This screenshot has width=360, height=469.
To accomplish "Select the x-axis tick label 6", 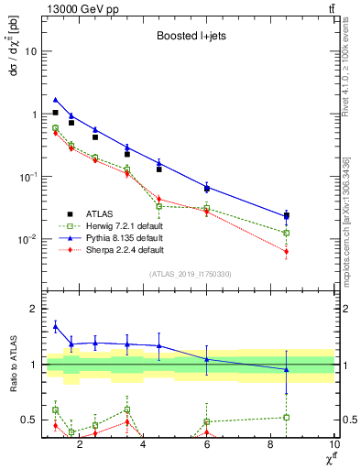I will [207, 446].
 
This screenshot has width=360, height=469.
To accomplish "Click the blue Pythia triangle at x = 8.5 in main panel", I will [287, 216].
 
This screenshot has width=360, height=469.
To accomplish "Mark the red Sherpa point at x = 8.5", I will [287, 251].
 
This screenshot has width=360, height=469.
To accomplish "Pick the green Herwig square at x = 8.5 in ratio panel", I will [287, 418].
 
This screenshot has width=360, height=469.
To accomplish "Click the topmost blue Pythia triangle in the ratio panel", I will [56, 325].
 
